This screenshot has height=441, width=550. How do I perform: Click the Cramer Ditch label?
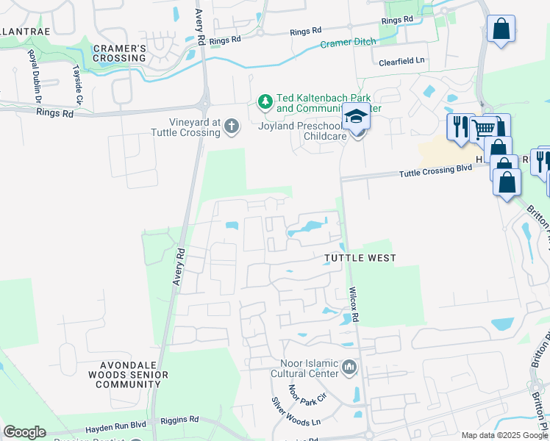tap(346, 43)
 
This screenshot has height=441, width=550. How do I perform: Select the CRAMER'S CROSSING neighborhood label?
tap(120, 53)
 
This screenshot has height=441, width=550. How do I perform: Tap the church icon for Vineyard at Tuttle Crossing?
tap(232, 127)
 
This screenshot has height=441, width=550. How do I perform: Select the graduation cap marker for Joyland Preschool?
tap(357, 118)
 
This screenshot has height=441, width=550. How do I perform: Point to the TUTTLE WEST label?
tap(361, 258)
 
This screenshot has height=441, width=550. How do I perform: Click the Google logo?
tap(24, 432)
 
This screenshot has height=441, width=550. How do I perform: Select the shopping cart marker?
tap(482, 128)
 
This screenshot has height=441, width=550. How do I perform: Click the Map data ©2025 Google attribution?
tap(504, 435)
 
